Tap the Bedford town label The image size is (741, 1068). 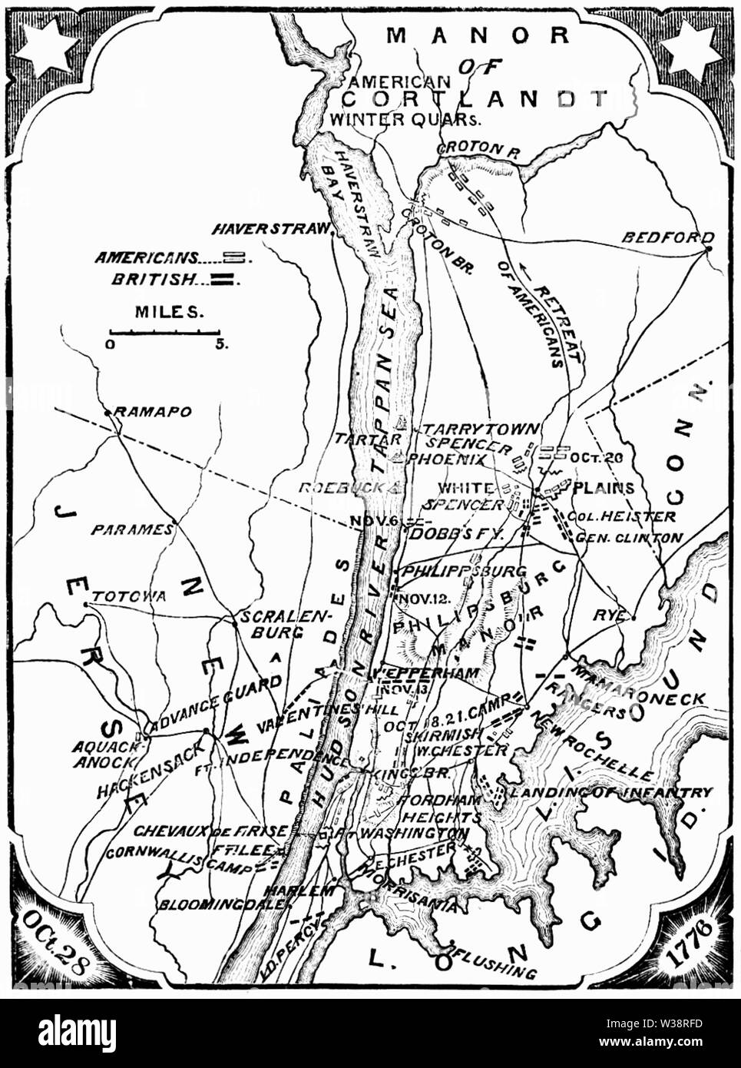667,237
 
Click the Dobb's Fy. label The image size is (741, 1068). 457,532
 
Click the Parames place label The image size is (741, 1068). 132,529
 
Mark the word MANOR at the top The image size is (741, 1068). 478,35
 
